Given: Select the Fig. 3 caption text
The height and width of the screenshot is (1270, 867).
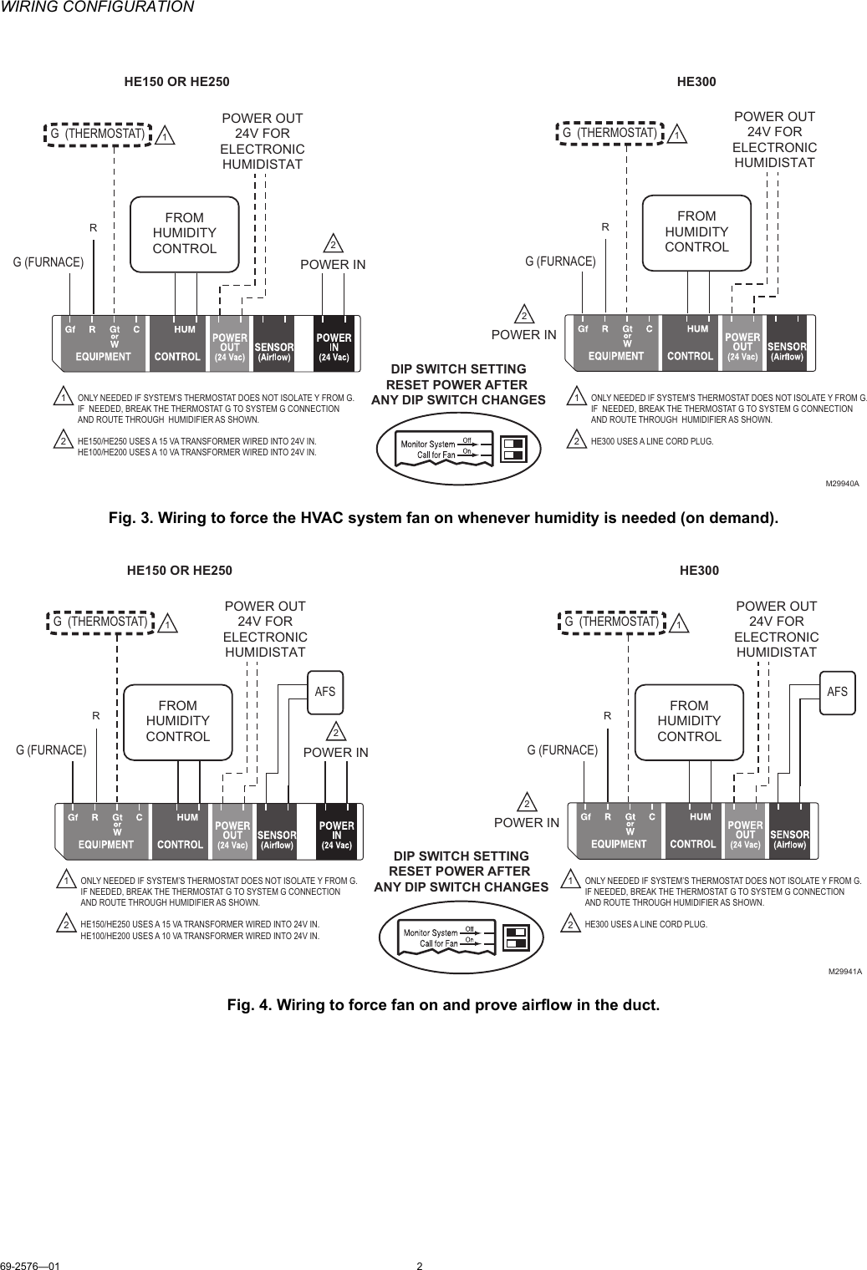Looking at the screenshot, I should [x=443, y=518].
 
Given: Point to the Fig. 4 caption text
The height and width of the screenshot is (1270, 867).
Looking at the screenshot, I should [x=443, y=1004].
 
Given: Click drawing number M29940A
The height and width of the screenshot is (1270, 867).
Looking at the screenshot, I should [x=843, y=484].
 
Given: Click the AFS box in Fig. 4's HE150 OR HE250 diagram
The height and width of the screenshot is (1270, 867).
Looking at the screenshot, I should [x=324, y=692].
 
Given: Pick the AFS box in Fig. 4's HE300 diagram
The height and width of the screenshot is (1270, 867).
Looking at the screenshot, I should [x=836, y=692].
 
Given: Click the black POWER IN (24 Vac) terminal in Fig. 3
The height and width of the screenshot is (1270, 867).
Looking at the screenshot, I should [x=334, y=343].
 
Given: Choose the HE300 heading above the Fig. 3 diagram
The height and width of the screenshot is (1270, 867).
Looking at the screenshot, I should [x=696, y=83].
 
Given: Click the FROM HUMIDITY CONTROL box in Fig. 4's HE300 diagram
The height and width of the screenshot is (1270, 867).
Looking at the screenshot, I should [x=689, y=722].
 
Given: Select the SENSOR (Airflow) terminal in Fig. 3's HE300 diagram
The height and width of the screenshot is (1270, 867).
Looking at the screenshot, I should [x=786, y=343].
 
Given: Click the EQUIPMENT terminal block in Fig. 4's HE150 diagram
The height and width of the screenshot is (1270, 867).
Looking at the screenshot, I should [x=105, y=830].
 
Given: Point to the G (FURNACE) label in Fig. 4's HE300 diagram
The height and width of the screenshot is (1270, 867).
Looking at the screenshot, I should [x=562, y=749].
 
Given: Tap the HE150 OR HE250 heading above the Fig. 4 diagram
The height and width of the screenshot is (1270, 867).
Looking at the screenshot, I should [x=179, y=571].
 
